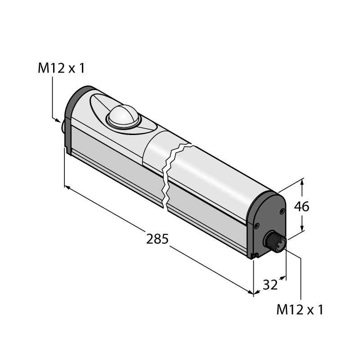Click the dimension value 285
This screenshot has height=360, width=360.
[157, 239]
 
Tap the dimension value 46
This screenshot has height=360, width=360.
[301, 207]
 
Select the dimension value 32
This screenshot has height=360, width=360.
[270, 285]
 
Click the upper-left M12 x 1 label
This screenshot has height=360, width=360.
[61, 68]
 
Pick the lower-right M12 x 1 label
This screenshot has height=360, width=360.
[300, 310]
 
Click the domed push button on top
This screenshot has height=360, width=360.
[123, 116]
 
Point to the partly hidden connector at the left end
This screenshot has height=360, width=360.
[63, 126]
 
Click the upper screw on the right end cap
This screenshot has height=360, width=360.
[282, 211]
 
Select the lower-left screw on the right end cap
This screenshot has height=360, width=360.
[256, 226]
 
